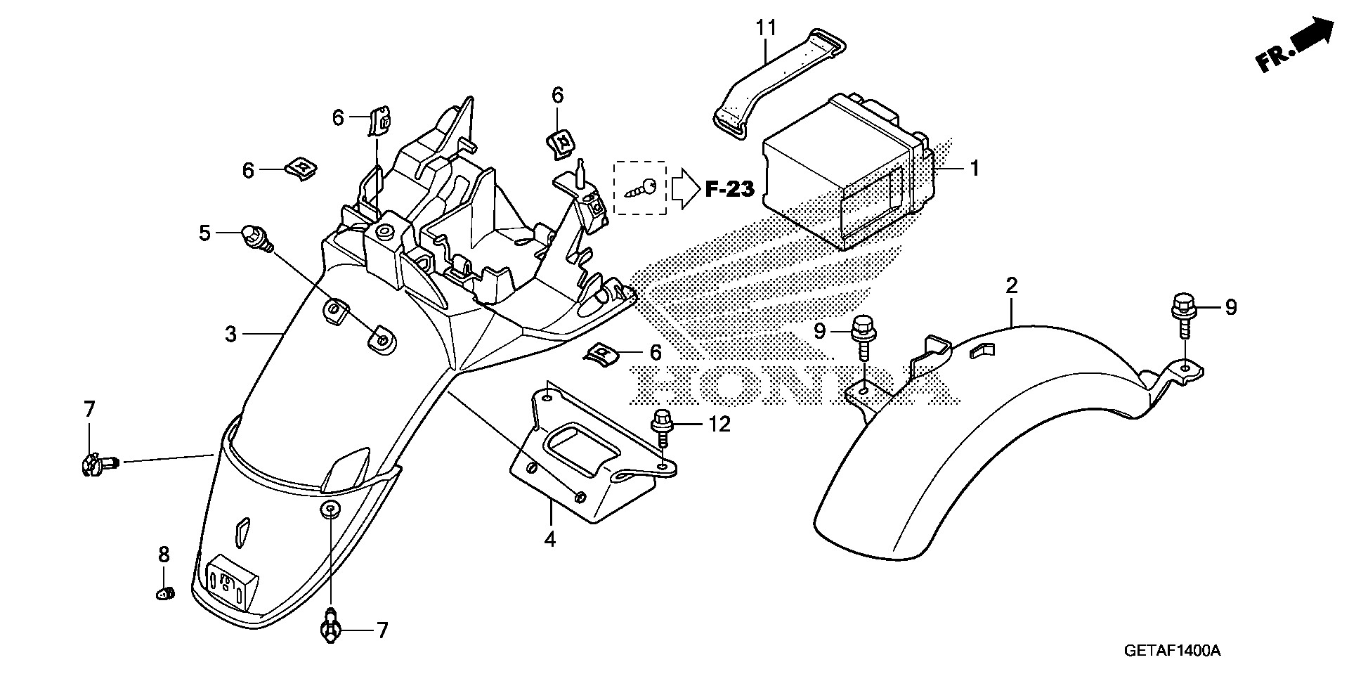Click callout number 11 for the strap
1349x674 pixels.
coord(767,29)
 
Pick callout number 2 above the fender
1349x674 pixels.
coord(1011,286)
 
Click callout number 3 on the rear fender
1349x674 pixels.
coord(231,334)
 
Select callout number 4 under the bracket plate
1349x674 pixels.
coord(550,540)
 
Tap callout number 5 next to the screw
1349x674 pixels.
coord(204,233)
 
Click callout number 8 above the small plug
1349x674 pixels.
coord(164,555)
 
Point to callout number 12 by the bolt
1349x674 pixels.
coord(720,424)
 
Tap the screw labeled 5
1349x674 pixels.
coord(256,238)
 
